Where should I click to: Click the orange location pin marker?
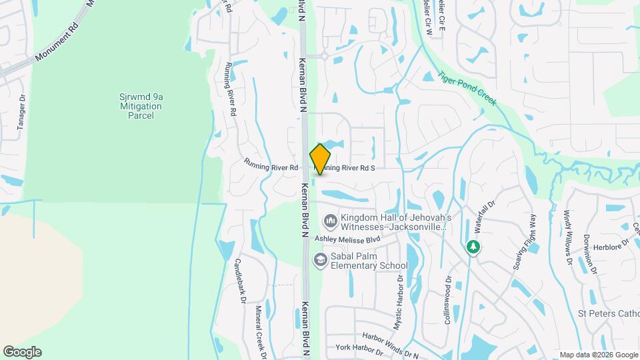click(320, 159)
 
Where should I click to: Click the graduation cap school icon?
click(320, 259)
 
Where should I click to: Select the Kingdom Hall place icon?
click(330, 220)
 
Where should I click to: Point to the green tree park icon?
click(473, 247)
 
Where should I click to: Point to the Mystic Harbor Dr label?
click(399, 302)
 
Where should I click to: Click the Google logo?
click(22, 352)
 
